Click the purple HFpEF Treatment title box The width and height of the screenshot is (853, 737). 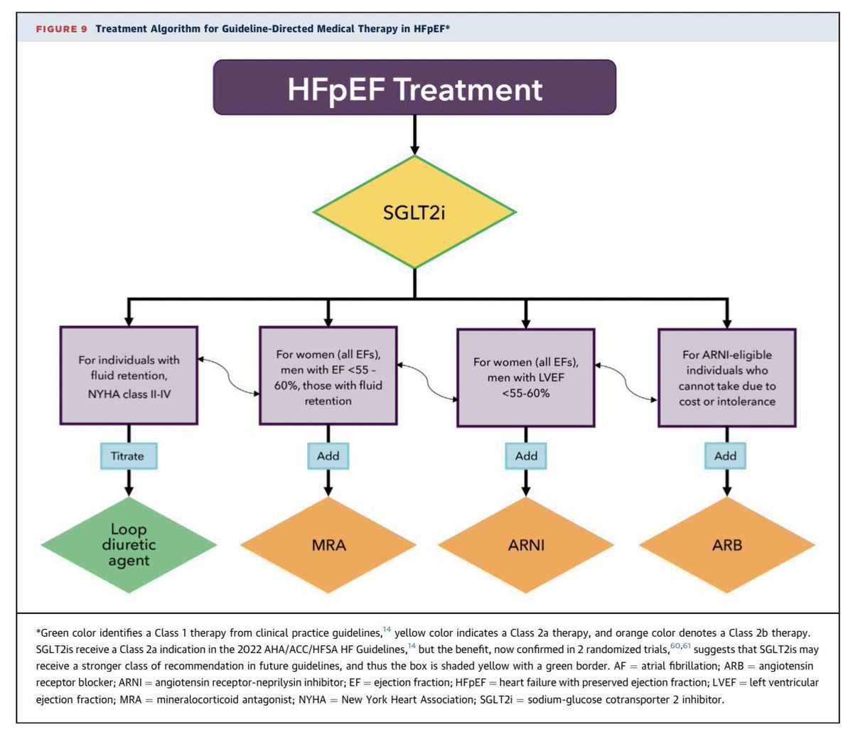tap(414, 87)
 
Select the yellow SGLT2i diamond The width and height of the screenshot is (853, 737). tap(414, 212)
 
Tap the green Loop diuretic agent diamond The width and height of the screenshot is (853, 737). tap(129, 545)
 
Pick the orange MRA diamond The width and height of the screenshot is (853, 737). tap(328, 545)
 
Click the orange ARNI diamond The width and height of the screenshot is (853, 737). tap(526, 545)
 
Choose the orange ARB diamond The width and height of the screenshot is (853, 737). tap(726, 545)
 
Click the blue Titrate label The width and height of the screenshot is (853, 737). tap(128, 456)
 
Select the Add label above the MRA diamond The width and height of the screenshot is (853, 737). tap(328, 456)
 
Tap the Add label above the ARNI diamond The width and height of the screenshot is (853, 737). tap(526, 456)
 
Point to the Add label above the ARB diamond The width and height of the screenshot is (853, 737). tap(726, 456)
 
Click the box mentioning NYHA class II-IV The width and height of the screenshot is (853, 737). tap(129, 376)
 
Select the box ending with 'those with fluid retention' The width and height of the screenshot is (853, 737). tap(328, 376)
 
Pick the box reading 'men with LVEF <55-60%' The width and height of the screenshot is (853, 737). tap(526, 377)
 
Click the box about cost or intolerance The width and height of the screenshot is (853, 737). tap(726, 378)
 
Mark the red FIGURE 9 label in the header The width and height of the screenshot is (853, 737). tap(61, 29)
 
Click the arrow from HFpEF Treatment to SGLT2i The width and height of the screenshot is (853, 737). tap(414, 134)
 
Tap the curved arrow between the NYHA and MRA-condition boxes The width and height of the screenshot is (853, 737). tap(229, 376)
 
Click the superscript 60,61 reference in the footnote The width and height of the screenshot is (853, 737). tap(680, 645)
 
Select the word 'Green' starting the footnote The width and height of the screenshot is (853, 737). tap(55, 633)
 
